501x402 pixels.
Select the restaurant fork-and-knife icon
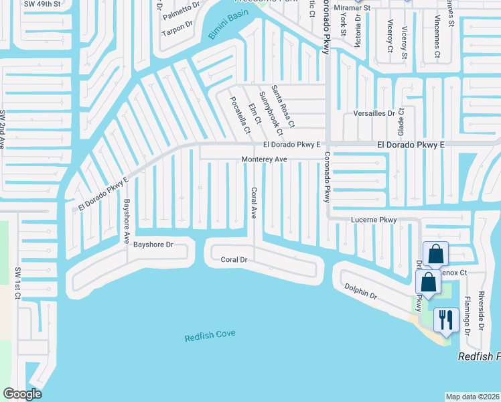click(445, 320)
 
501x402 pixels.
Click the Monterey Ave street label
click(265, 159)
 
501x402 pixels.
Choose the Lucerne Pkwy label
click(374, 220)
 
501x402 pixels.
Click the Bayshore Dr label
click(153, 245)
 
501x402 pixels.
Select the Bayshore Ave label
click(125, 221)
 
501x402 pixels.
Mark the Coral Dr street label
click(234, 259)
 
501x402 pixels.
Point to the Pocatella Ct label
click(240, 114)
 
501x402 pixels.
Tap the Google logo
click(22, 394)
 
